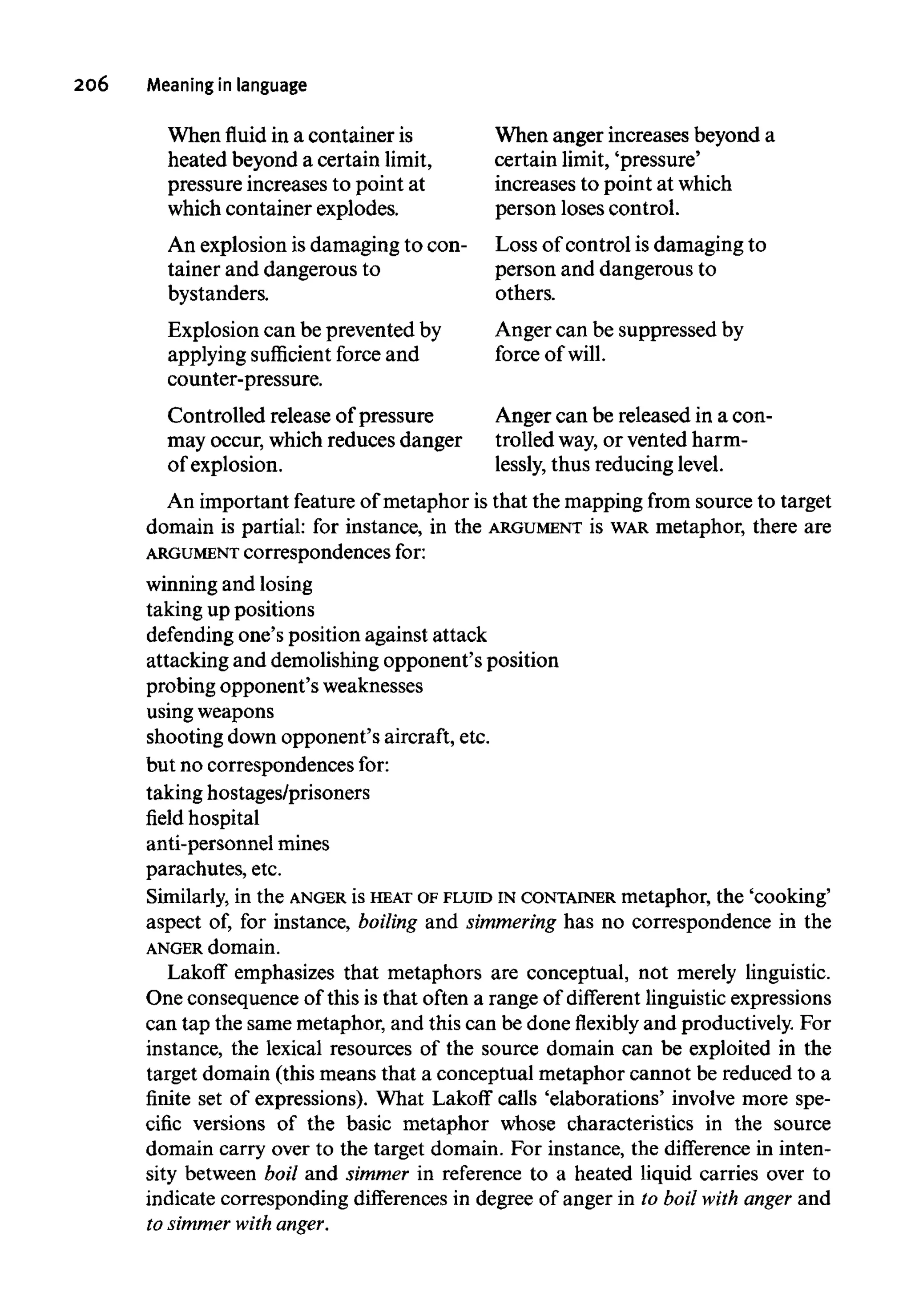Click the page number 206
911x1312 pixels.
click(91, 85)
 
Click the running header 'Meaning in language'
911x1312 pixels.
click(226, 85)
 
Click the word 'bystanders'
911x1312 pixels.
click(218, 294)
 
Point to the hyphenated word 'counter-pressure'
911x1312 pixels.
click(244, 379)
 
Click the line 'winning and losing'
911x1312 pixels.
click(230, 584)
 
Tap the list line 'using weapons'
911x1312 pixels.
click(210, 711)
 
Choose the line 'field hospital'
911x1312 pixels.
click(203, 818)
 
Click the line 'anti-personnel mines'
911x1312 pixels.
click(238, 844)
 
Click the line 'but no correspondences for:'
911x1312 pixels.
click(268, 765)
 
